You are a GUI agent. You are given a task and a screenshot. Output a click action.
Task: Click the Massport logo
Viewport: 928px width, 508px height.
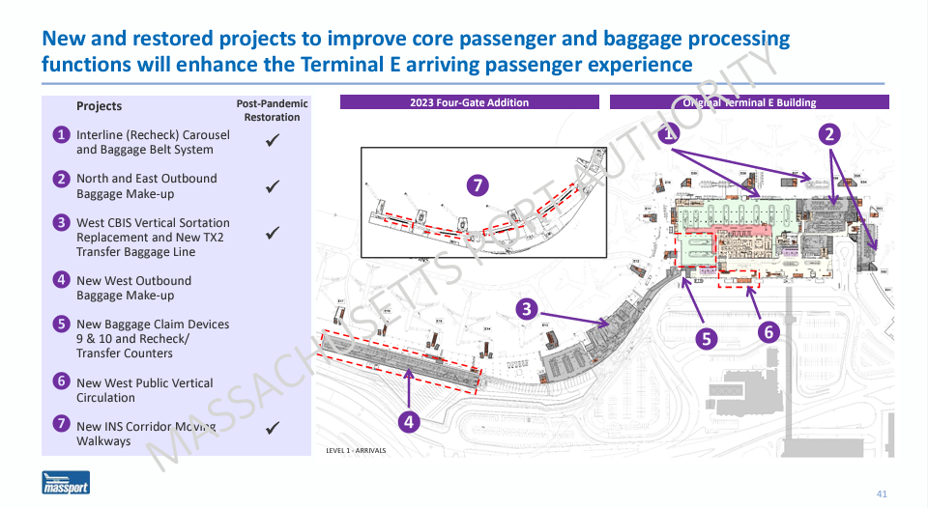66,483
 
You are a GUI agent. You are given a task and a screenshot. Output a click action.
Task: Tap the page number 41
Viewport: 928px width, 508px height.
881,494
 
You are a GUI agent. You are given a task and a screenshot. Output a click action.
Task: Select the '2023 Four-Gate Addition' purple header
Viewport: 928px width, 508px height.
470,102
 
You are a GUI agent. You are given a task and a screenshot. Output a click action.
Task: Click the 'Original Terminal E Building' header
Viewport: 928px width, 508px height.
749,102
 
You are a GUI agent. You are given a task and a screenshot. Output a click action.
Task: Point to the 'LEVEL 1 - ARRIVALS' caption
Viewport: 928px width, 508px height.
356,450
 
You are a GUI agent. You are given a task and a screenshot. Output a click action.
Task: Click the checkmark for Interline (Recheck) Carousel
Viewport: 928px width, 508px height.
273,141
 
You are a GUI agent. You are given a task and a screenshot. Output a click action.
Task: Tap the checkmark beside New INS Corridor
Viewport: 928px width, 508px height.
273,427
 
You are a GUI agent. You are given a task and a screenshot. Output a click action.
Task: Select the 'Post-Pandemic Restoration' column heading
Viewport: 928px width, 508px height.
272,110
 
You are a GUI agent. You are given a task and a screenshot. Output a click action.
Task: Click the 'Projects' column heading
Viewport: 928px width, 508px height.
99,106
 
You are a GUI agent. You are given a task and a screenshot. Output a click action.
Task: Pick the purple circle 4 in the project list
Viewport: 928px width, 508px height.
61,280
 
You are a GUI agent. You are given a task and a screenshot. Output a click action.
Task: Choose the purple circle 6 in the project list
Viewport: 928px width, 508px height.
61,381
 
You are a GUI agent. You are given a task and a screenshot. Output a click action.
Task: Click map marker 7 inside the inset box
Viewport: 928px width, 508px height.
475,184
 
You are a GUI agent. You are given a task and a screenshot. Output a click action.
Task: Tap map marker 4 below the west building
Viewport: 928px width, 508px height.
409,421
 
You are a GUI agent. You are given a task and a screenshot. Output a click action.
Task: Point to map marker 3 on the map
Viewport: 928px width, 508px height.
526,309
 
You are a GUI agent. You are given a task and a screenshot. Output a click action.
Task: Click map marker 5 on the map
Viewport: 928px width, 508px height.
707,338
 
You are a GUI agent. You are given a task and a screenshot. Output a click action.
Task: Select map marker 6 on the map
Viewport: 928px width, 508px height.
768,331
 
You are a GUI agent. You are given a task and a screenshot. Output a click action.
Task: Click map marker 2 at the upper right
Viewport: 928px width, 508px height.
828,134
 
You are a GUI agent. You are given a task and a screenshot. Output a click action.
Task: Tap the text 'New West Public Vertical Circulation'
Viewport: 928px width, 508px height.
144,390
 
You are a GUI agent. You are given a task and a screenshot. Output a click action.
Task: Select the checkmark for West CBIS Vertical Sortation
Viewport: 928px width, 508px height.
273,232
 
